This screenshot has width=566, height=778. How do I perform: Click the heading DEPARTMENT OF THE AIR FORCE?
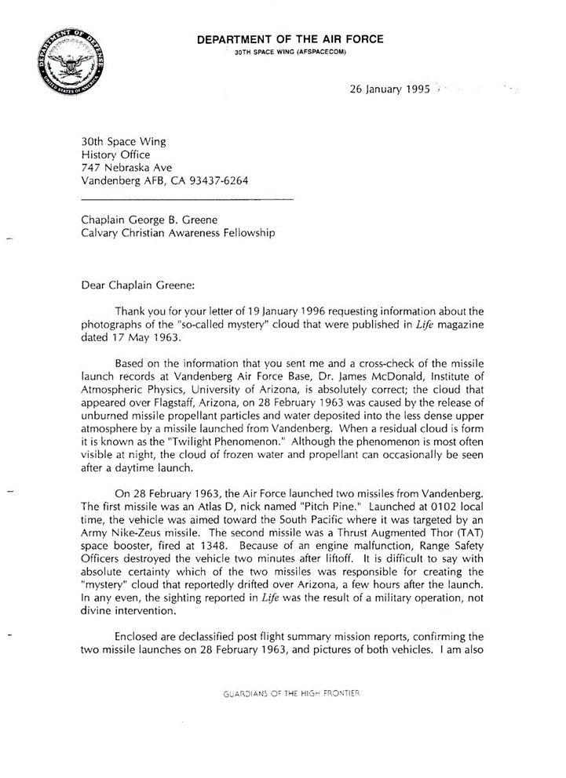click(x=290, y=39)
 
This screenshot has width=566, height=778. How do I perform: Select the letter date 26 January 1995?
click(x=389, y=89)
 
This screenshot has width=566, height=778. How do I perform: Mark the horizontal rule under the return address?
click(x=188, y=201)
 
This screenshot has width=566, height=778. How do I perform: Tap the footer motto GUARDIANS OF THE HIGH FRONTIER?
click(x=291, y=693)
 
